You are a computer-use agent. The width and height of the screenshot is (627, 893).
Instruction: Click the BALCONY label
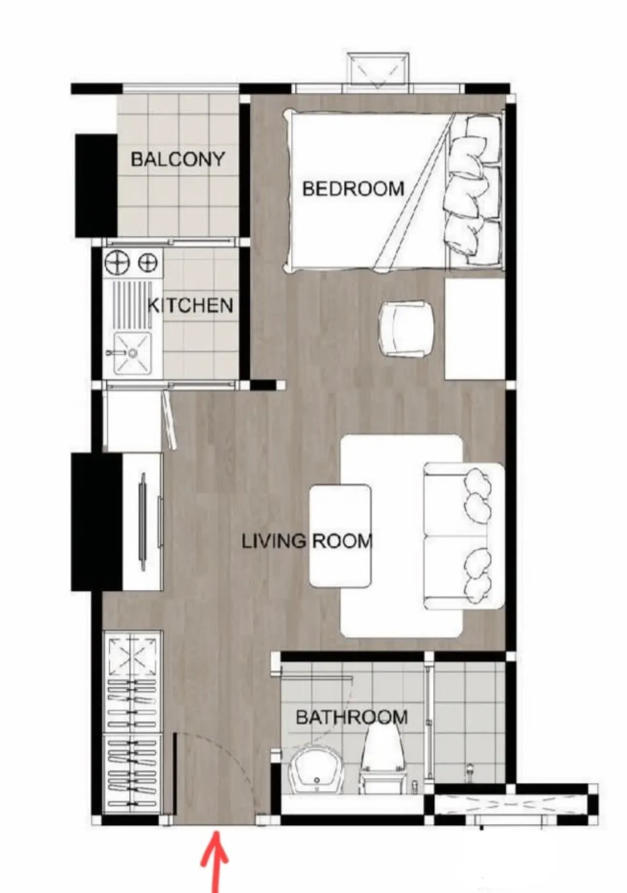pyautogui.click(x=178, y=159)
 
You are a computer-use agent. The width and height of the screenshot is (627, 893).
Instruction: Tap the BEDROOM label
pyautogui.click(x=353, y=188)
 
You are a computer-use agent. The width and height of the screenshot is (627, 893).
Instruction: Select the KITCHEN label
pyautogui.click(x=190, y=305)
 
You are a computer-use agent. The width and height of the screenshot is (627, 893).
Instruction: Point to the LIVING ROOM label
pyautogui.click(x=307, y=541)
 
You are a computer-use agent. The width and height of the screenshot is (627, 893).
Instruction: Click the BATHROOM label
pyautogui.click(x=352, y=718)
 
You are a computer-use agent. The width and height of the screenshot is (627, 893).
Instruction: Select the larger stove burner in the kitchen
pyautogui.click(x=117, y=262)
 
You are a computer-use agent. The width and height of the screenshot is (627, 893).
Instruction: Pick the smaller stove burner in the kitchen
pyautogui.click(x=147, y=262)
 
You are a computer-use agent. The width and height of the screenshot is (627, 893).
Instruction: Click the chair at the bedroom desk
pyautogui.click(x=406, y=327)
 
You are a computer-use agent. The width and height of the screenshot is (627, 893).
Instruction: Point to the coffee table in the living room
pyautogui.click(x=340, y=535)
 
